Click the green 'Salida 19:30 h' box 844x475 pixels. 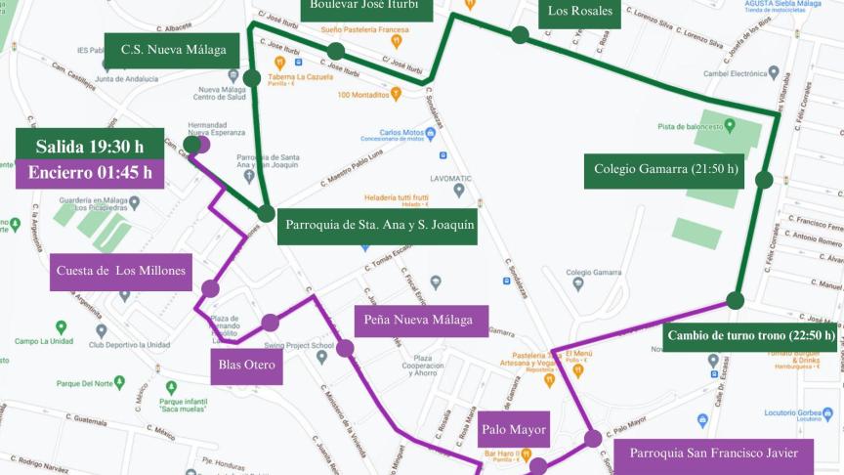click(x=89, y=146)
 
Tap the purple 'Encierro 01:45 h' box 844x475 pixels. click(x=89, y=173)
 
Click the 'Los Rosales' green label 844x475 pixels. click(x=579, y=12)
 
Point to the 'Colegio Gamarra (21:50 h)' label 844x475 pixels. click(x=667, y=169)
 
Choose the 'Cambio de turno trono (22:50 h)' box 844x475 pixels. click(x=750, y=335)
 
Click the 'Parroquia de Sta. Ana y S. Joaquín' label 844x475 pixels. click(x=379, y=226)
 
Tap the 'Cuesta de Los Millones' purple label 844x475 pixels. click(x=121, y=271)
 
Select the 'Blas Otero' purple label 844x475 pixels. click(x=246, y=366)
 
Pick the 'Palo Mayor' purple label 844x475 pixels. click(x=514, y=429)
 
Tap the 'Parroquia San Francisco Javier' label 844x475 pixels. click(x=721, y=453)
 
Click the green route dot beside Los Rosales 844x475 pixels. click(x=520, y=35)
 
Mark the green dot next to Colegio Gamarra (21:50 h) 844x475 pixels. click(x=764, y=180)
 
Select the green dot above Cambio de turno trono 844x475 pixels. click(x=736, y=300)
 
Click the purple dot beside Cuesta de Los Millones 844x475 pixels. click(x=210, y=288)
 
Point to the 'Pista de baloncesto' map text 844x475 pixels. click(x=696, y=126)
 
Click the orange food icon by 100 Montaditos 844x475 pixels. click(x=396, y=95)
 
